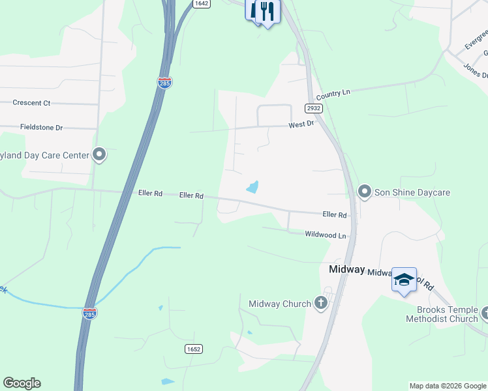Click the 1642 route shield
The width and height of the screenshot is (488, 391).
(202, 3)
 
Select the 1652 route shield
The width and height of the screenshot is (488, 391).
(193, 349)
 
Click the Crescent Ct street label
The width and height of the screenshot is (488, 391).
(31, 103)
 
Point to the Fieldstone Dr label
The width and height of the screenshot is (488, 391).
(41, 128)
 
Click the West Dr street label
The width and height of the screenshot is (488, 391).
(301, 123)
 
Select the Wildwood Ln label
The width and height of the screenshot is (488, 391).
(325, 235)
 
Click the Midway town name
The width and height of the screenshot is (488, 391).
(346, 269)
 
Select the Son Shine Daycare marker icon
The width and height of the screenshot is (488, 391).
(364, 192)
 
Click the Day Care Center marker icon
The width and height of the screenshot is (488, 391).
(99, 154)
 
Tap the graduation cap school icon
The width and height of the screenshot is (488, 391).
(404, 280)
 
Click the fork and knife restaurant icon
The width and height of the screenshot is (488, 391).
(266, 11)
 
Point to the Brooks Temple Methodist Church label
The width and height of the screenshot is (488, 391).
(442, 314)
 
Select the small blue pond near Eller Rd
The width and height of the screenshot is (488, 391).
(252, 188)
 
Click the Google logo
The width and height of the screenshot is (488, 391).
(22, 383)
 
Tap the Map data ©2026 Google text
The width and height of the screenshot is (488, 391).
(448, 386)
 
